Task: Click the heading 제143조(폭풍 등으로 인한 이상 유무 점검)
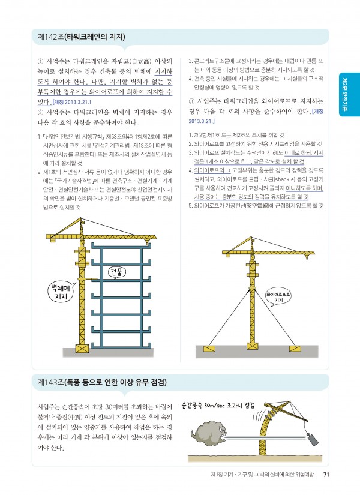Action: click(101, 382)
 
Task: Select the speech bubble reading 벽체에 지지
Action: click(60, 293)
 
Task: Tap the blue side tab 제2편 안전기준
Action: click(349, 90)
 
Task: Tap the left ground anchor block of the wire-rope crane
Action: click(206, 349)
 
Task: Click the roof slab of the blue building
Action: click(118, 247)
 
